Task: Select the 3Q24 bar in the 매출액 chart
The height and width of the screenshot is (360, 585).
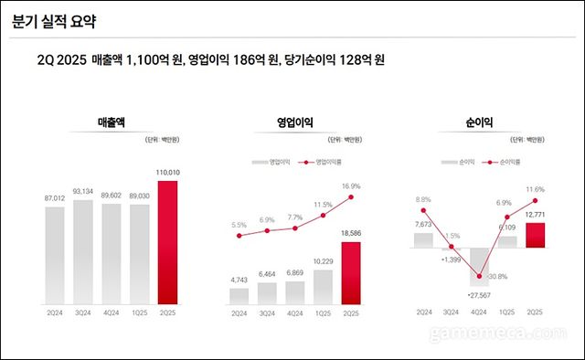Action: [x=83, y=251]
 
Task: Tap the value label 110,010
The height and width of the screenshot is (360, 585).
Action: [x=166, y=172]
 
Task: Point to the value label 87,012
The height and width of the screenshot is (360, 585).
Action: [x=55, y=197]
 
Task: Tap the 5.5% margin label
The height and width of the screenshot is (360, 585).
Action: [x=239, y=225]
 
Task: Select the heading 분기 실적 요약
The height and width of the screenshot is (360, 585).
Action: [x=54, y=19]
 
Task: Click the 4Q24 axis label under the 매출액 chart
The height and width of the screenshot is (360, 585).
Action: [x=111, y=312]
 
